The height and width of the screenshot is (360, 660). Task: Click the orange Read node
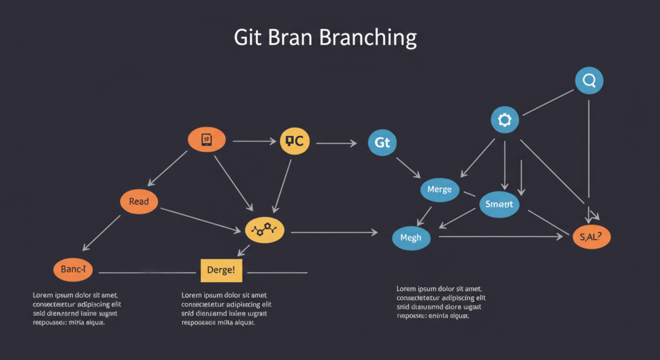[139, 202]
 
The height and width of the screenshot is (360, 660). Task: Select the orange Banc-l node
[73, 270]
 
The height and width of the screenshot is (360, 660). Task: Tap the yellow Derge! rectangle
[221, 270]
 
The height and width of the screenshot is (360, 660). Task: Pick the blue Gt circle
[382, 142]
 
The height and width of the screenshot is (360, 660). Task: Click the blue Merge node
[440, 190]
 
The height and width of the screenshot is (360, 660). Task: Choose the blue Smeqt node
[500, 204]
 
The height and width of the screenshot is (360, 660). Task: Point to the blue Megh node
[411, 238]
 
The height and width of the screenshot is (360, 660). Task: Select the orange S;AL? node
[591, 237]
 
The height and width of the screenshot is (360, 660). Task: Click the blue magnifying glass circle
[588, 81]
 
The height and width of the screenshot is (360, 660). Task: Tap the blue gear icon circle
[505, 120]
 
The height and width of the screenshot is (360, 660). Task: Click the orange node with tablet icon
[206, 139]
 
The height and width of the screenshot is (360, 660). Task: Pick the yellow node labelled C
[295, 141]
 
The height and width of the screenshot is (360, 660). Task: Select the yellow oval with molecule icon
[264, 230]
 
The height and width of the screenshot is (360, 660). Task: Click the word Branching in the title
[367, 37]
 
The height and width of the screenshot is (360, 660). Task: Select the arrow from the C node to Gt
[336, 143]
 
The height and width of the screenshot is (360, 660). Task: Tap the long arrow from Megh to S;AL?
[500, 238]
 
